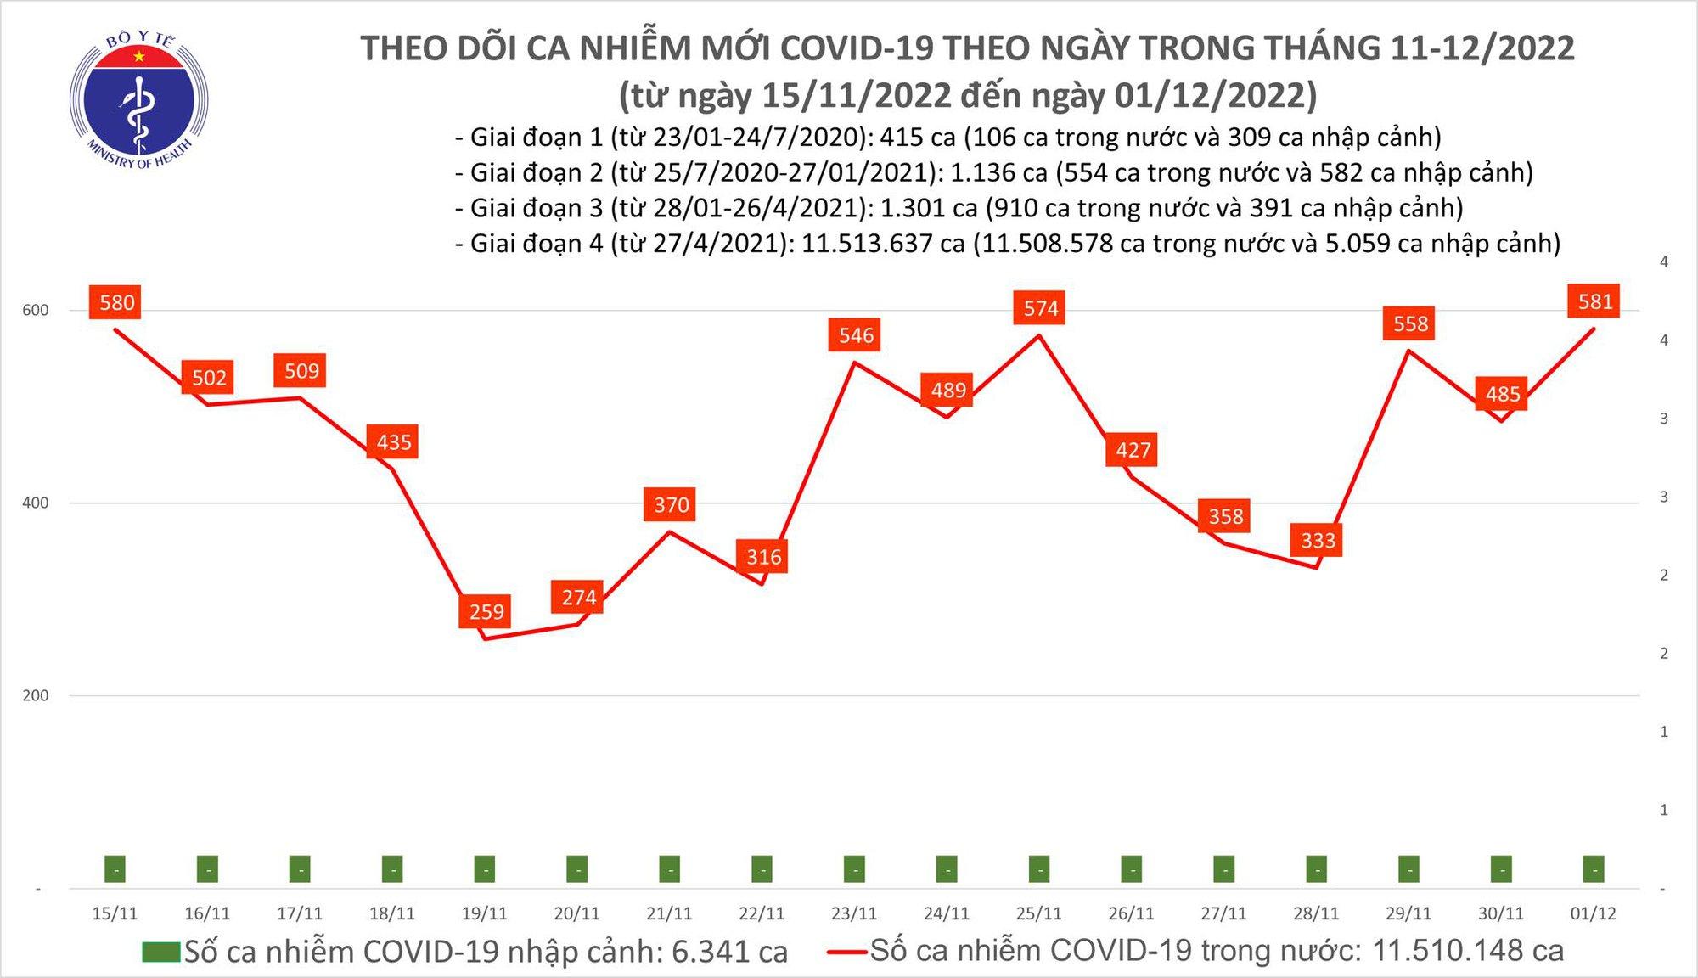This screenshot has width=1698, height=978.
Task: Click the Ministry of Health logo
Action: click(138, 100)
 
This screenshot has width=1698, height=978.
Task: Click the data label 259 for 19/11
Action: click(486, 611)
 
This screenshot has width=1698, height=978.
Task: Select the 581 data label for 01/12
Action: click(1594, 301)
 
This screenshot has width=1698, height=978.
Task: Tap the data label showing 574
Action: click(1041, 308)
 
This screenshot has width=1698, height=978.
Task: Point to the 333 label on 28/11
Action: click(1318, 540)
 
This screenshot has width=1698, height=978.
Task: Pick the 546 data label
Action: click(856, 335)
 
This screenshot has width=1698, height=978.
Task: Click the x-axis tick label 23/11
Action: click(854, 913)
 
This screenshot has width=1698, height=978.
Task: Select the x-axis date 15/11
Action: click(115, 913)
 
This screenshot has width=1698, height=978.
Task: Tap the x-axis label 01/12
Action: click(1593, 913)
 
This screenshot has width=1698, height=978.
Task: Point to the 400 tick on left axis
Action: click(36, 503)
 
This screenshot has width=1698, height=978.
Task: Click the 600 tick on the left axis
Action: click(36, 310)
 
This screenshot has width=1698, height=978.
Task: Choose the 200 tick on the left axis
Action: click(36, 695)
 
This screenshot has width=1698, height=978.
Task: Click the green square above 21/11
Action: click(670, 868)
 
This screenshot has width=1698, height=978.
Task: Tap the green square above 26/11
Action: click(1132, 868)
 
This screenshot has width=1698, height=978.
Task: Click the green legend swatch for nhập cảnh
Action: click(161, 952)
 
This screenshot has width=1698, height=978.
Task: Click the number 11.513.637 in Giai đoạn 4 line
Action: click(883, 244)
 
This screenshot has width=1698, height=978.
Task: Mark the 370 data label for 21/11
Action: click(672, 505)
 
